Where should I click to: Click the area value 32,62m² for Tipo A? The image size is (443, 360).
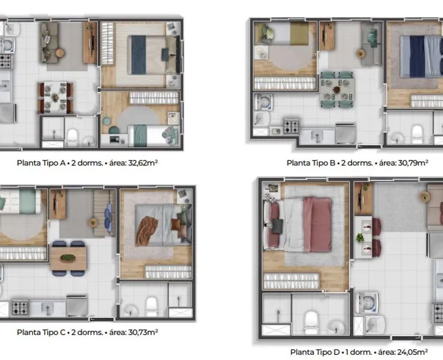point(143,163)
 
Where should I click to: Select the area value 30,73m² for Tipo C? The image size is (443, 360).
point(143,333)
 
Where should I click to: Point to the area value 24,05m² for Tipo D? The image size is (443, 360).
point(412,352)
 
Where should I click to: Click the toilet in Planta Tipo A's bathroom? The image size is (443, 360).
point(73,137)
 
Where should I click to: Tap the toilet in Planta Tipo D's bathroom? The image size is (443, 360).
point(311,323)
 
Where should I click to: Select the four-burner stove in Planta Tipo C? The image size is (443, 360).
point(20,308)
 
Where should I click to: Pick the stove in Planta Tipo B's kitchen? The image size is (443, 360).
point(291,126)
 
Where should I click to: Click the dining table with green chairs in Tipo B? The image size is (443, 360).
point(337,90)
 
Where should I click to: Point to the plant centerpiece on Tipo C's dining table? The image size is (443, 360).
point(68,258)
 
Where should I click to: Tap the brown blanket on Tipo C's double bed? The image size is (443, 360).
point(147,230)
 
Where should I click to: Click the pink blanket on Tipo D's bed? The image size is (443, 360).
point(317,225)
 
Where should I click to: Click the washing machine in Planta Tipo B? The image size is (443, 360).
point(264,102)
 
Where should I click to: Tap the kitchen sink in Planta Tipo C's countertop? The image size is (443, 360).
point(47,308)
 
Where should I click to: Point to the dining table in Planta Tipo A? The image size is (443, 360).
point(56,97)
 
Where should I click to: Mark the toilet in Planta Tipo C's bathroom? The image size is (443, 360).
point(151,307)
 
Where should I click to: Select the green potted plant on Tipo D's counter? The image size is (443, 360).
point(359,237)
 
